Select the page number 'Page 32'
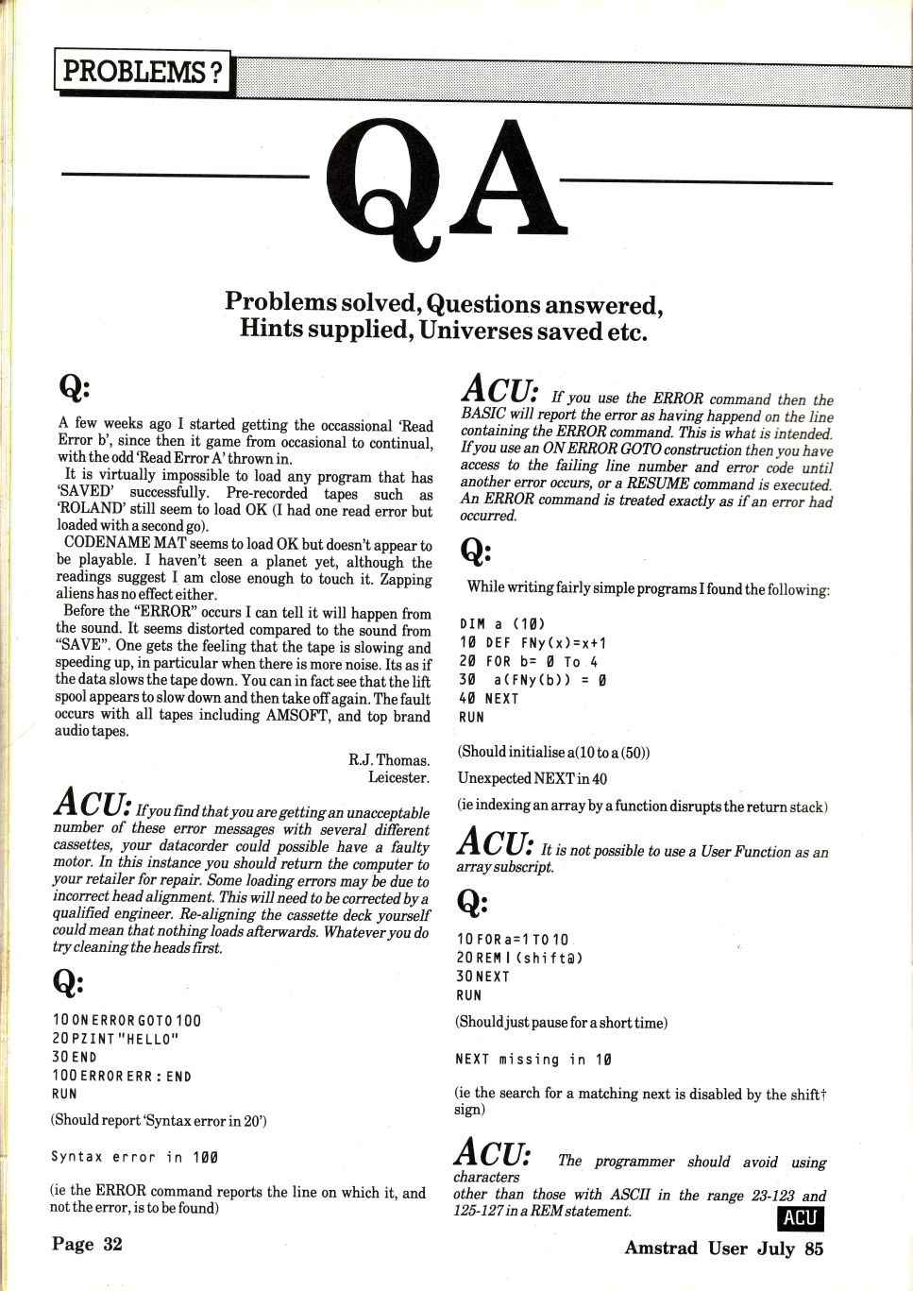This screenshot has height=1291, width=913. (87, 1244)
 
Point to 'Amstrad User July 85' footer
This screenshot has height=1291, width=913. (723, 1248)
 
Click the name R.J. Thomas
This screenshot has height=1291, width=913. (388, 759)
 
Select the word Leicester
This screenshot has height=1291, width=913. (398, 777)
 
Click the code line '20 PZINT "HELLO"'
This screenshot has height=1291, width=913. (115, 1039)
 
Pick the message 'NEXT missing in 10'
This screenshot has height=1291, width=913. (533, 1060)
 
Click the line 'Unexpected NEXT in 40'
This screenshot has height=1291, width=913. (533, 779)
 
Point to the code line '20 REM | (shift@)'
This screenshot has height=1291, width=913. (519, 958)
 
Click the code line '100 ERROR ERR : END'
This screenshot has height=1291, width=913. (122, 1076)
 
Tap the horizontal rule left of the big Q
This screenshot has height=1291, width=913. (185, 175)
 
